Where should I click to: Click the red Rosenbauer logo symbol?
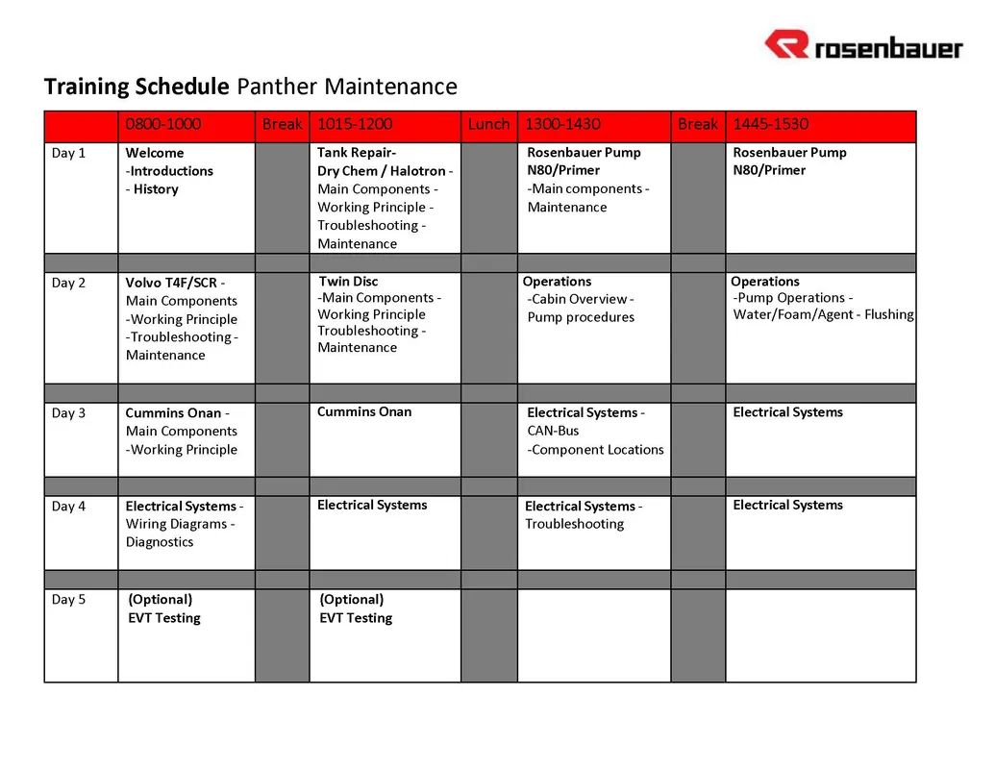click(x=786, y=44)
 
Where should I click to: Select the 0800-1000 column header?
click(x=163, y=124)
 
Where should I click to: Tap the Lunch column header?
click(x=488, y=124)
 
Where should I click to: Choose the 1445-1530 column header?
click(x=770, y=124)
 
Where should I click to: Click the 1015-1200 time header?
click(x=355, y=124)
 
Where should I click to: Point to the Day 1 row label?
click(x=68, y=153)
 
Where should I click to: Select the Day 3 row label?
click(x=68, y=413)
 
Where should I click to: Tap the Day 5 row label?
click(x=68, y=600)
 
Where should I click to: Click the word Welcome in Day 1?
click(x=154, y=153)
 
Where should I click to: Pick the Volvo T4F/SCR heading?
click(x=171, y=283)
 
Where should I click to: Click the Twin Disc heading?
click(x=348, y=281)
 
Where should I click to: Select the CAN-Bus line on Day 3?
click(x=553, y=431)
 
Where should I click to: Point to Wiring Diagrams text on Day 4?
click(x=177, y=524)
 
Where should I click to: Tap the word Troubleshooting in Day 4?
click(x=574, y=524)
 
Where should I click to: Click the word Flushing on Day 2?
click(x=889, y=314)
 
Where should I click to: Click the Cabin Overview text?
click(x=579, y=299)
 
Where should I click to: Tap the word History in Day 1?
click(x=156, y=189)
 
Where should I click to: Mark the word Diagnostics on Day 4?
click(x=160, y=542)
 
